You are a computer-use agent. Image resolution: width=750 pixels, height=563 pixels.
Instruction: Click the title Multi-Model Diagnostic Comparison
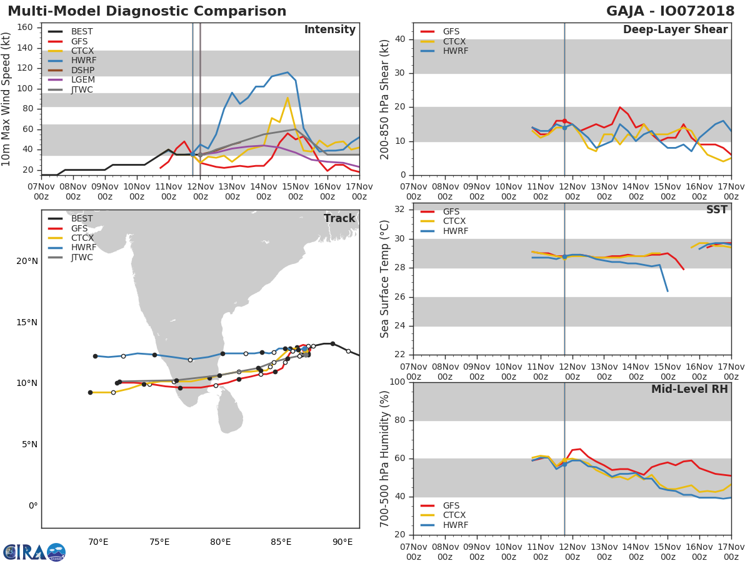pos(147,11)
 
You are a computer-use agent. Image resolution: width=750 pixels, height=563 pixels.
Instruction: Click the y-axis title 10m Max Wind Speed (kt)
pos(7,99)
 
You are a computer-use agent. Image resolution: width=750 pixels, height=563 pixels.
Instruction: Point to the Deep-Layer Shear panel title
pos(675,30)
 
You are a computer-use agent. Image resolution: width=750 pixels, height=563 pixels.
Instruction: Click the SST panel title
pos(716,210)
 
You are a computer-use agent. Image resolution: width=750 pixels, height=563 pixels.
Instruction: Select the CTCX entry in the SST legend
pos(454,221)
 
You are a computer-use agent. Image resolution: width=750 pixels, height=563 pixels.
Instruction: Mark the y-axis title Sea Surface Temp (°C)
pos(386,279)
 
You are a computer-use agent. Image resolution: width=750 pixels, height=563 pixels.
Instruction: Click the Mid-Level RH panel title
pos(689,390)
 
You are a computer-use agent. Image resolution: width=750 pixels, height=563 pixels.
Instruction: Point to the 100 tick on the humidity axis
pos(398,382)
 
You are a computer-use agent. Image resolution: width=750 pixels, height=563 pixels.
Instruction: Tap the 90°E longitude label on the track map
pos(342,542)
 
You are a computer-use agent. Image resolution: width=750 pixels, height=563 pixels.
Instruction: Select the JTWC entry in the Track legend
pos(82,258)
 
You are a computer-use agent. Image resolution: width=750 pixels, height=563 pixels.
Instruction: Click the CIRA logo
pos(34,552)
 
